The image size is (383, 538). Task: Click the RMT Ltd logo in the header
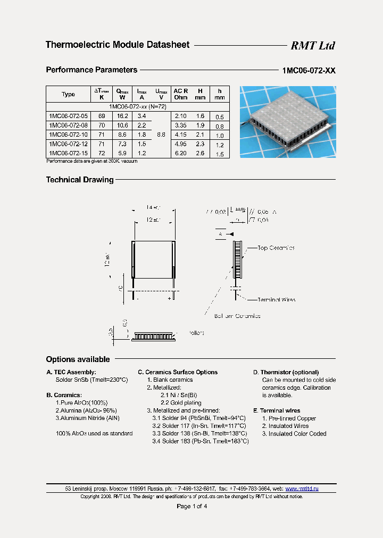(x=312, y=46)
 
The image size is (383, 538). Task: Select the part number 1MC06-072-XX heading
(x=309, y=70)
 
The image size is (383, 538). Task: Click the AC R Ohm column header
(x=181, y=94)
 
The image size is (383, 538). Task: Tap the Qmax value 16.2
(x=122, y=116)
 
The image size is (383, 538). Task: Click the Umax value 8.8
(x=161, y=135)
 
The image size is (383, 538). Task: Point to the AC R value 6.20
(x=180, y=154)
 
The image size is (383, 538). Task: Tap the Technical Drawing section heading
(x=80, y=180)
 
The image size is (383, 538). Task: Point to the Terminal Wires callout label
(x=276, y=300)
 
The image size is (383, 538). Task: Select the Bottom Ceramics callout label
(x=237, y=316)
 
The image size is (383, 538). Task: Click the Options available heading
(x=78, y=359)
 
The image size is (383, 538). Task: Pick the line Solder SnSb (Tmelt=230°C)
(x=91, y=380)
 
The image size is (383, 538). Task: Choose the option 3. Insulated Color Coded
(x=294, y=434)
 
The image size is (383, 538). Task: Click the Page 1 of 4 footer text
(x=191, y=506)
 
